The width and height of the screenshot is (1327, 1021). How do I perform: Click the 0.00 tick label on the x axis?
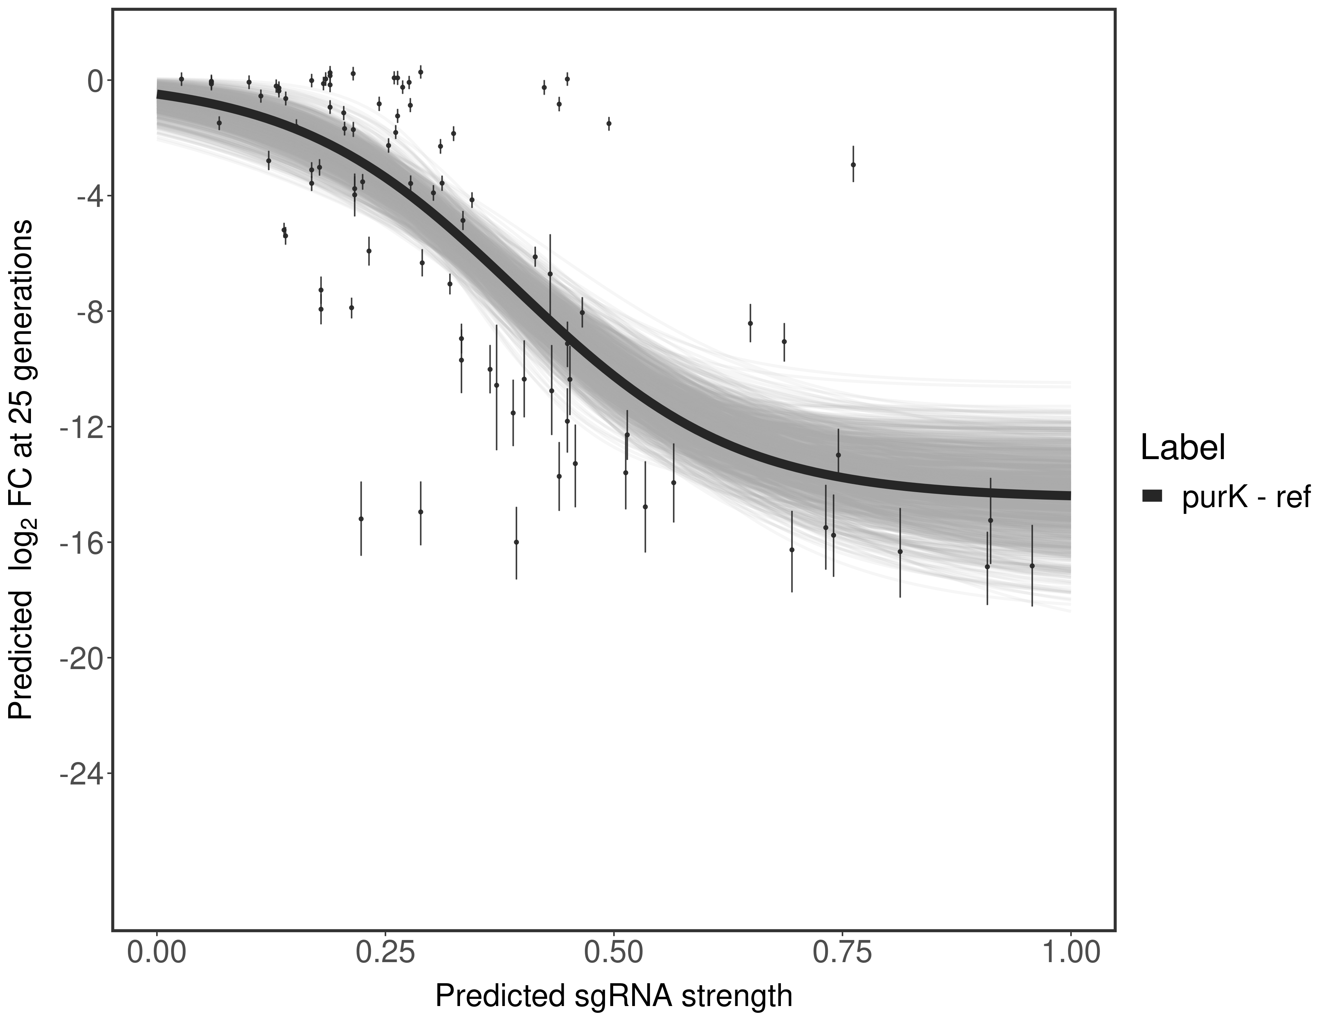pos(157,952)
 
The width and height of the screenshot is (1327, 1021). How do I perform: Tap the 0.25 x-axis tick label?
pos(385,952)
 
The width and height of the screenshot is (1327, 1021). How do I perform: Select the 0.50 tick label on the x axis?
pos(614,952)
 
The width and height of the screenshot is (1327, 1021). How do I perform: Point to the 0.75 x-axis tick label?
pos(842,952)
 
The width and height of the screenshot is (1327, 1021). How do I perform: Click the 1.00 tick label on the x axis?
pos(1070,952)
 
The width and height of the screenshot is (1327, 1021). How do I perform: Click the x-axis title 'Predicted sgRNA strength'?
pos(614,997)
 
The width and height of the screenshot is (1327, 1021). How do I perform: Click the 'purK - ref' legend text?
pos(1246,497)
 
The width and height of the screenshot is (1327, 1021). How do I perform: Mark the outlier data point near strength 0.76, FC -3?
pos(853,165)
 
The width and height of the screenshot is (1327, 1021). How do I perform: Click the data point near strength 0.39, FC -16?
pos(517,542)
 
